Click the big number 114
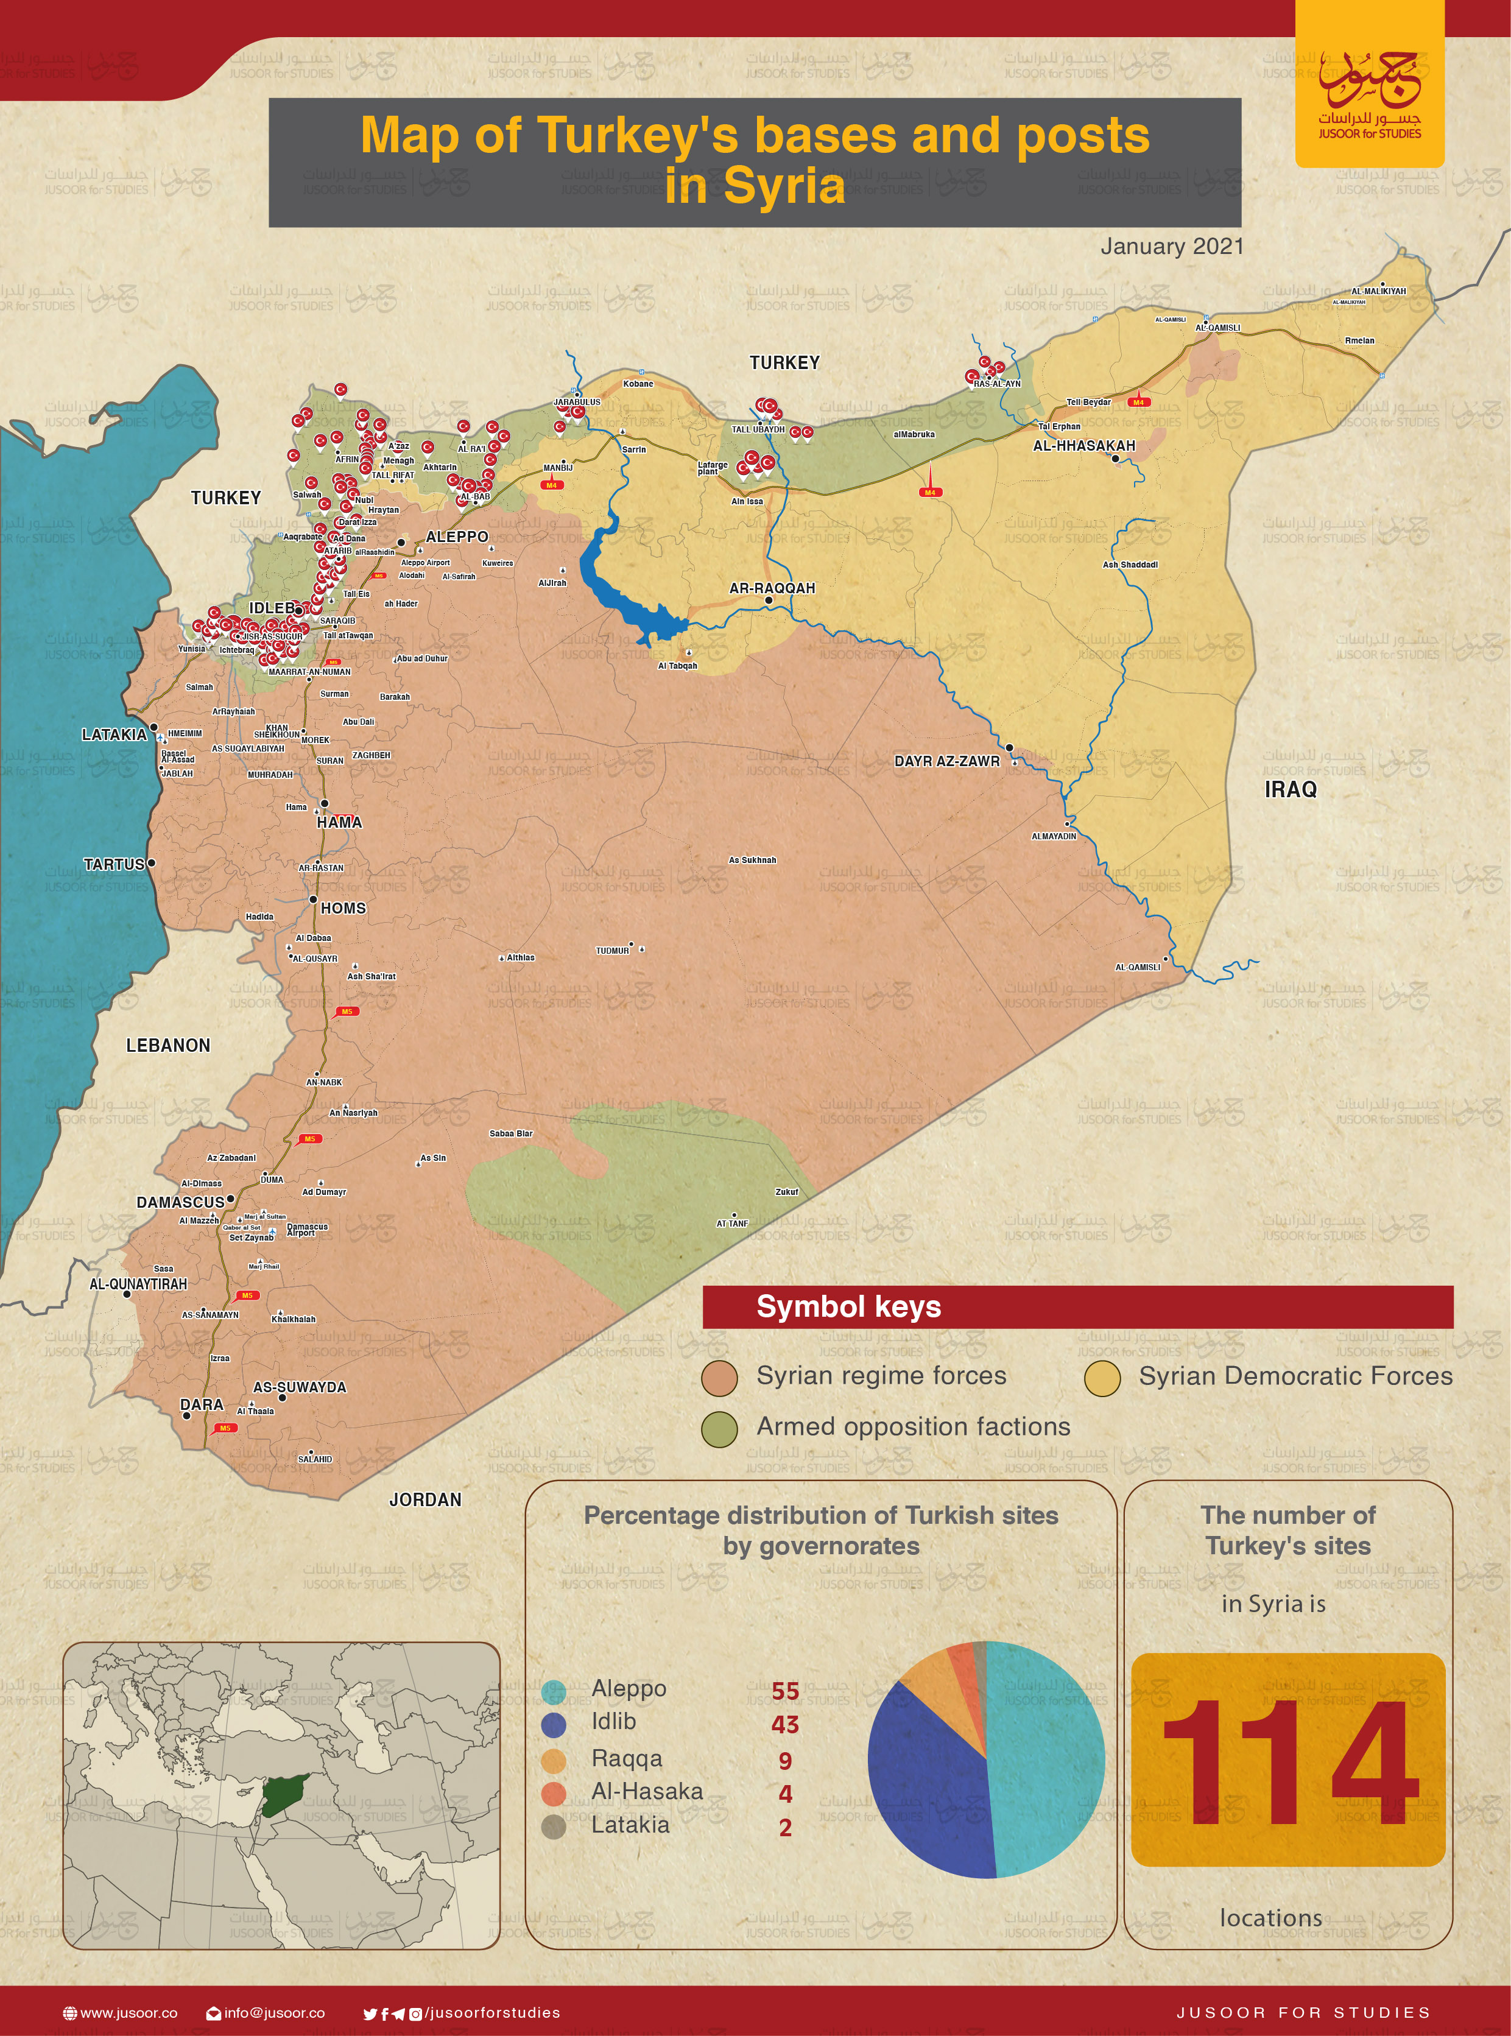point(1289,1763)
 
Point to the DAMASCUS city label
point(180,1202)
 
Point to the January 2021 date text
point(1172,246)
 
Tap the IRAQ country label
point(1290,789)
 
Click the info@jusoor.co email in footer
point(273,2013)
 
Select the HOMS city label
point(343,908)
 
